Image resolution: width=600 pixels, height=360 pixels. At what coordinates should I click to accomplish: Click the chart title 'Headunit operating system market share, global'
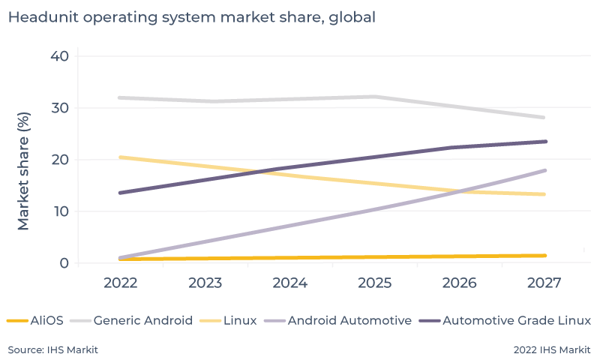point(191,16)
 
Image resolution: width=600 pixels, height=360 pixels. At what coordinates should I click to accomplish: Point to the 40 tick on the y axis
point(60,56)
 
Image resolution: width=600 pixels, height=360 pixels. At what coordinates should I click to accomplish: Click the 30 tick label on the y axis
point(60,108)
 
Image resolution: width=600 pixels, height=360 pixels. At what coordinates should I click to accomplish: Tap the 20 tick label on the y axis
point(60,160)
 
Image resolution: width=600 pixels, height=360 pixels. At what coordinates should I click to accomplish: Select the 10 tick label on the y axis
point(60,211)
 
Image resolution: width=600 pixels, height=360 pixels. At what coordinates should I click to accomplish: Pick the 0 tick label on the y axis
point(64,263)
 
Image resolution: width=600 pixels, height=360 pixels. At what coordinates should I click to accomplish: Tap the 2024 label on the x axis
point(289,283)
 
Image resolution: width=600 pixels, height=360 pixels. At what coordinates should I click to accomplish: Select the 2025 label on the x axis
point(374,283)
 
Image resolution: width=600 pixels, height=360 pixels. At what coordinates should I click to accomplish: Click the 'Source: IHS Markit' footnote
point(53,349)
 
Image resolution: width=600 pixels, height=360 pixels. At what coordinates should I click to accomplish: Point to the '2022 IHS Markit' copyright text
point(552,349)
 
